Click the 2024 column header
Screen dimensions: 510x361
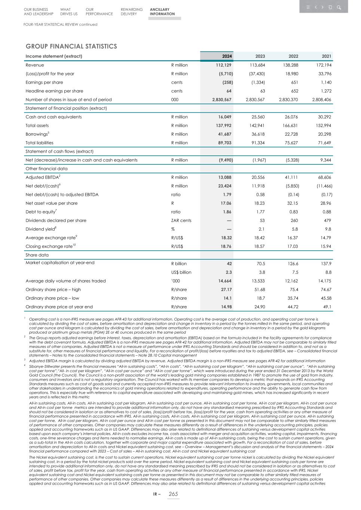coord(227,56)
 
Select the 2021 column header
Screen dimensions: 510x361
coord(326,56)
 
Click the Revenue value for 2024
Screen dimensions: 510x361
coord(224,65)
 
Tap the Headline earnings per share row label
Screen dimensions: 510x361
coord(54,91)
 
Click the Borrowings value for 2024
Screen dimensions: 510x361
coord(224,134)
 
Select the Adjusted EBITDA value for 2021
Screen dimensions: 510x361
coord(324,177)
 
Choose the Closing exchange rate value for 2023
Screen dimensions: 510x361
coord(259,246)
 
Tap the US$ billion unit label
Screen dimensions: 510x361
coord(181,272)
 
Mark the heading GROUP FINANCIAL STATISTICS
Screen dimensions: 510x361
coord(71,46)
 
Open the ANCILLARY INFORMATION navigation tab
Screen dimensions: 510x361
coord(162,12)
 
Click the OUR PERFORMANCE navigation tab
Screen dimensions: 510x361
coord(99,12)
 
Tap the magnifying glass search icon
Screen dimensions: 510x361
coord(339,7)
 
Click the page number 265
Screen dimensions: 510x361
coord(173,494)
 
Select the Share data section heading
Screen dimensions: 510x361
coord(37,255)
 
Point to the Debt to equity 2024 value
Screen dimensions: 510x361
coord(227,212)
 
